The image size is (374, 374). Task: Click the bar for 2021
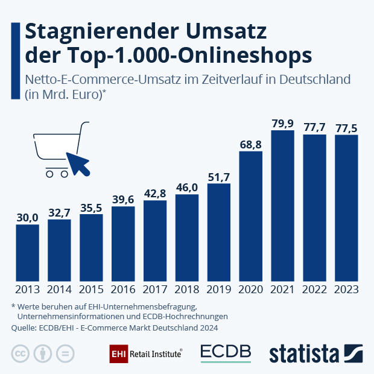(282, 205)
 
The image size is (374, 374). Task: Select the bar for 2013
(27, 252)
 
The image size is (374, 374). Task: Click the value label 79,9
(282, 124)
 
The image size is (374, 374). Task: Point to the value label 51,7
(218, 177)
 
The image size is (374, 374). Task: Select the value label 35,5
(91, 208)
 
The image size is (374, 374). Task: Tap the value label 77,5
(346, 127)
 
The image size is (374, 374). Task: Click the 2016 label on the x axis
(123, 290)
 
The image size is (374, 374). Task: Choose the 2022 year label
(314, 290)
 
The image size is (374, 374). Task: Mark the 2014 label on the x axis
(59, 290)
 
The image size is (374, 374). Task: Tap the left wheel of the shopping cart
(49, 174)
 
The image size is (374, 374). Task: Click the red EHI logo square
(118, 353)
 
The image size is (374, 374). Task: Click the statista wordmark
(305, 353)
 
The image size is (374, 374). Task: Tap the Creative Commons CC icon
(21, 353)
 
